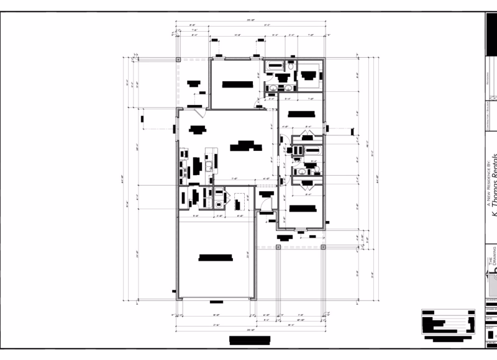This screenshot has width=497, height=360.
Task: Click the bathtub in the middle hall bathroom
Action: [x=312, y=150]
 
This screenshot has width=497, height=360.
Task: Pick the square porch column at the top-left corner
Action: [x=178, y=59]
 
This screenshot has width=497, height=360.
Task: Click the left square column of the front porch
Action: [x=278, y=247]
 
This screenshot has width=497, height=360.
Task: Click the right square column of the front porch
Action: [x=324, y=247]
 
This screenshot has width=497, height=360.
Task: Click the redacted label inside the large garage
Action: [x=214, y=259]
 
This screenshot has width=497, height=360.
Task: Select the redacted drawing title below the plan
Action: [x=250, y=340]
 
